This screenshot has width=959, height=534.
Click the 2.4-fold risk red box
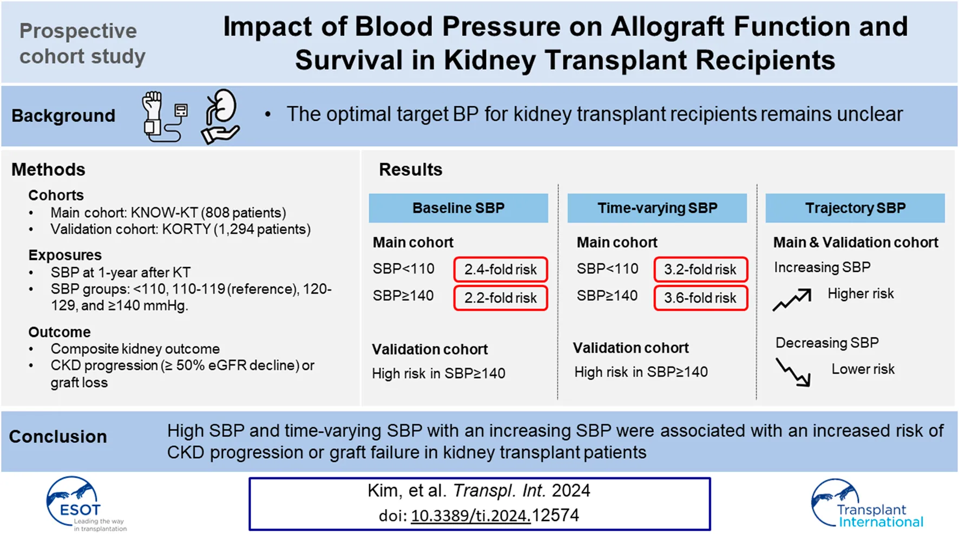coord(500,270)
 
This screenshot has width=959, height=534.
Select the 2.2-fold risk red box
coord(500,298)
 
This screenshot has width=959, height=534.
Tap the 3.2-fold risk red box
coord(700,270)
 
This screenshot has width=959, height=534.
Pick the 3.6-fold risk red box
coord(700,298)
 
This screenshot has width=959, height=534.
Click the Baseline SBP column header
coord(458,208)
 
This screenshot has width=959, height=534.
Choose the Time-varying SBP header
coord(657,208)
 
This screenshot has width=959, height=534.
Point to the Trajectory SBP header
coord(855,208)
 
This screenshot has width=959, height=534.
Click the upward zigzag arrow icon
coord(792,299)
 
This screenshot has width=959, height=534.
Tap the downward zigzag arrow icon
coord(793,372)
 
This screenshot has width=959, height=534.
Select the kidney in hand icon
coord(220,116)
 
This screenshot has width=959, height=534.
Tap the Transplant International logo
coord(866,504)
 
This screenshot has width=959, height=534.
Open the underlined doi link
coord(470,516)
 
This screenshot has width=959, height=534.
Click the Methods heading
coord(48,170)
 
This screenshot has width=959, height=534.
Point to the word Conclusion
coord(58,437)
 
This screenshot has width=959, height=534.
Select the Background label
coord(63,115)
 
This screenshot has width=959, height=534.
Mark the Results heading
coord(410,170)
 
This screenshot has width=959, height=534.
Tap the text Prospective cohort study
coord(82,43)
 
